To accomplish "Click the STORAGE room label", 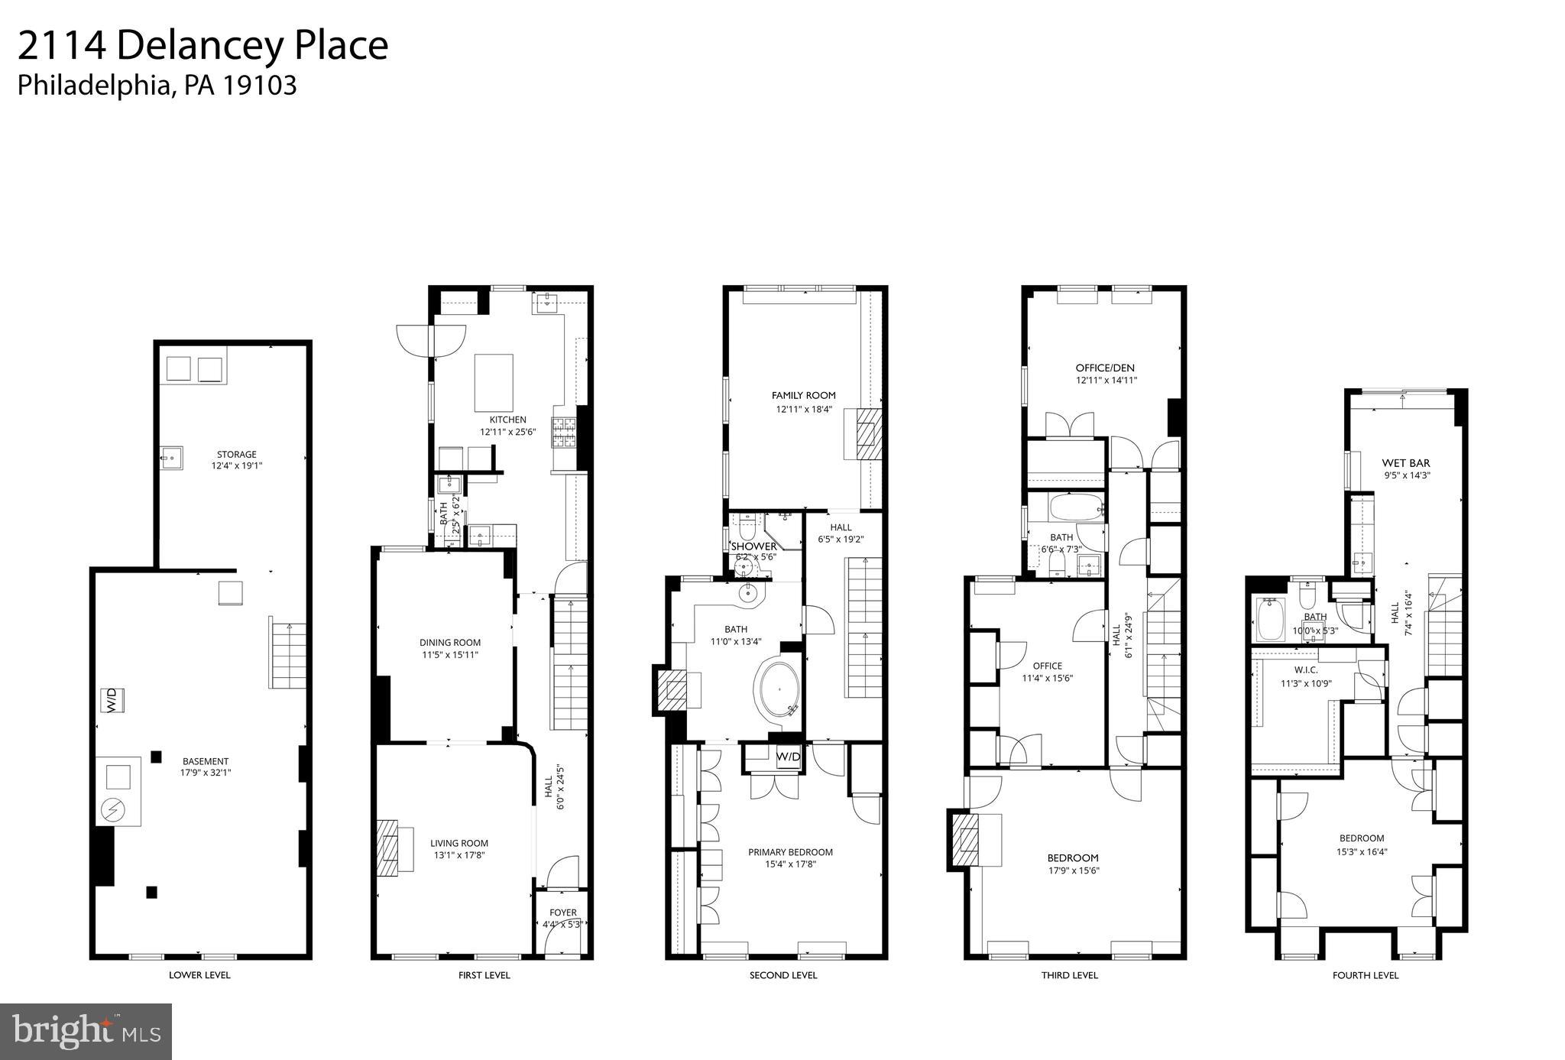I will pyautogui.click(x=236, y=455).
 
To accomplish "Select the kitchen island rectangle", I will pyautogui.click(x=494, y=383).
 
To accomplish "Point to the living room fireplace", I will pyautogui.click(x=388, y=848).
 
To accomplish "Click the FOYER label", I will pyautogui.click(x=562, y=913).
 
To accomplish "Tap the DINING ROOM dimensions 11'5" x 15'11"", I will pyautogui.click(x=449, y=655).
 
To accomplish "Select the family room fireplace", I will pyautogui.click(x=867, y=433).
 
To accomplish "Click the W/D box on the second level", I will pyautogui.click(x=788, y=757).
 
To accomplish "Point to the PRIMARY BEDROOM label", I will pyautogui.click(x=790, y=852).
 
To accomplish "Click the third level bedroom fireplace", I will pyautogui.click(x=966, y=840).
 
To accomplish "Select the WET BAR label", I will pyautogui.click(x=1405, y=463).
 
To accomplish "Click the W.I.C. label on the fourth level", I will pyautogui.click(x=1306, y=670).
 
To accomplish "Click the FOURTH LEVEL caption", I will pyautogui.click(x=1365, y=975).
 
